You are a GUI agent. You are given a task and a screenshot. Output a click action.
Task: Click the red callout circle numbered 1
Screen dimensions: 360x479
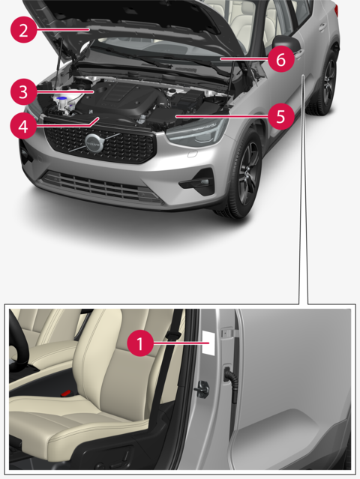pyautogui.click(x=140, y=343)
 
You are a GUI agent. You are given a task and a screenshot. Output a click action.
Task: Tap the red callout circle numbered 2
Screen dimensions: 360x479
pyautogui.click(x=23, y=30)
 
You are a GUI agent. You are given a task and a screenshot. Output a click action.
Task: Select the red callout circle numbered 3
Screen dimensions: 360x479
pyautogui.click(x=23, y=91)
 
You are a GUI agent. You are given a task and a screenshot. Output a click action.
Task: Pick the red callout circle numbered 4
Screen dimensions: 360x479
pyautogui.click(x=23, y=126)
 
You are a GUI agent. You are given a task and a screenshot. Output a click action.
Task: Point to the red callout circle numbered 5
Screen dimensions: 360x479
pyautogui.click(x=281, y=116)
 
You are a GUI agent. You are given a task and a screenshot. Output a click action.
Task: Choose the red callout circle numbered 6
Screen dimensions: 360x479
pyautogui.click(x=281, y=59)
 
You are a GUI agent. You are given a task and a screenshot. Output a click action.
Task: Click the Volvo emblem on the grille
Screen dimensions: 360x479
pyautogui.click(x=94, y=143)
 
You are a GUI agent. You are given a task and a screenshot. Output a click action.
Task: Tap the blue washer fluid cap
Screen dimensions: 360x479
pyautogui.click(x=63, y=99)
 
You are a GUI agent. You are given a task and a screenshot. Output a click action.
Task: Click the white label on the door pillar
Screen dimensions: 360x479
pyautogui.click(x=208, y=343)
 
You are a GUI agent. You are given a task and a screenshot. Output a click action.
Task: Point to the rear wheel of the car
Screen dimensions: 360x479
pyautogui.click(x=327, y=82)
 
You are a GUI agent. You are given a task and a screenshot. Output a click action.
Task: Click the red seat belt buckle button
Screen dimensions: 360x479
pyautogui.click(x=66, y=393)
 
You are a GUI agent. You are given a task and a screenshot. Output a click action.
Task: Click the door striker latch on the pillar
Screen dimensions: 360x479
pyautogui.click(x=203, y=389)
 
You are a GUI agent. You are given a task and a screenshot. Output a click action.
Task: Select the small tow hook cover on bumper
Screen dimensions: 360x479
pyautogui.click(x=192, y=154)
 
